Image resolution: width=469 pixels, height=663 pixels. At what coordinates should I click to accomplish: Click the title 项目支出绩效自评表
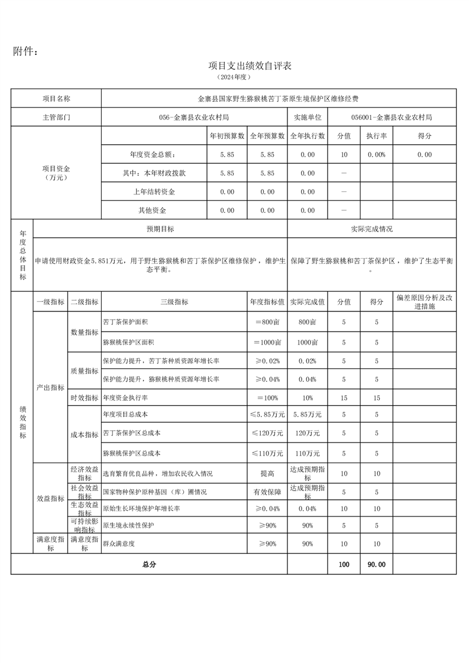(x=250, y=66)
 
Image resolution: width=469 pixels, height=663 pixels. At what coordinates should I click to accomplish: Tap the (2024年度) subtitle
(x=234, y=77)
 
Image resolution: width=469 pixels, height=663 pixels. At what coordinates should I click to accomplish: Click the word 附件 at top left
(x=26, y=52)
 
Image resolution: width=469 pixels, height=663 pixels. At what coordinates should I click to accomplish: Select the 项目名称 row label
(x=56, y=99)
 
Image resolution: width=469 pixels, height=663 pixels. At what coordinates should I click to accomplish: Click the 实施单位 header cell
(x=308, y=117)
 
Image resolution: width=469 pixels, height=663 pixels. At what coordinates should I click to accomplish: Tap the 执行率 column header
(x=376, y=136)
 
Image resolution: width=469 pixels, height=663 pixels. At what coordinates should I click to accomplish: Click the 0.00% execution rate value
(x=376, y=155)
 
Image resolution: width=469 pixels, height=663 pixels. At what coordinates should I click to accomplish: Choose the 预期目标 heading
(x=160, y=229)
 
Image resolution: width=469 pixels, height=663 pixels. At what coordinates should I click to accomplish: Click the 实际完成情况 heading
(x=371, y=229)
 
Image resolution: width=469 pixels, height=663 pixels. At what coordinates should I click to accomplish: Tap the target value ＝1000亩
(x=267, y=342)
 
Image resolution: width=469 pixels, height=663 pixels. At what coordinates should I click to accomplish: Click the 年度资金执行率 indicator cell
(x=126, y=398)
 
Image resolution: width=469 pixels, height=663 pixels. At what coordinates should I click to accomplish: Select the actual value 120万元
(x=308, y=434)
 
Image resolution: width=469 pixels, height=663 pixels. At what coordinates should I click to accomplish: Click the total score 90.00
(x=376, y=564)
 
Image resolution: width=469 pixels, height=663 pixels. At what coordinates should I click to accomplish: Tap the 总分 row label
(x=149, y=564)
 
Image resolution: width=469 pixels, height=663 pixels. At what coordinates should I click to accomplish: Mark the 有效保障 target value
(x=267, y=492)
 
